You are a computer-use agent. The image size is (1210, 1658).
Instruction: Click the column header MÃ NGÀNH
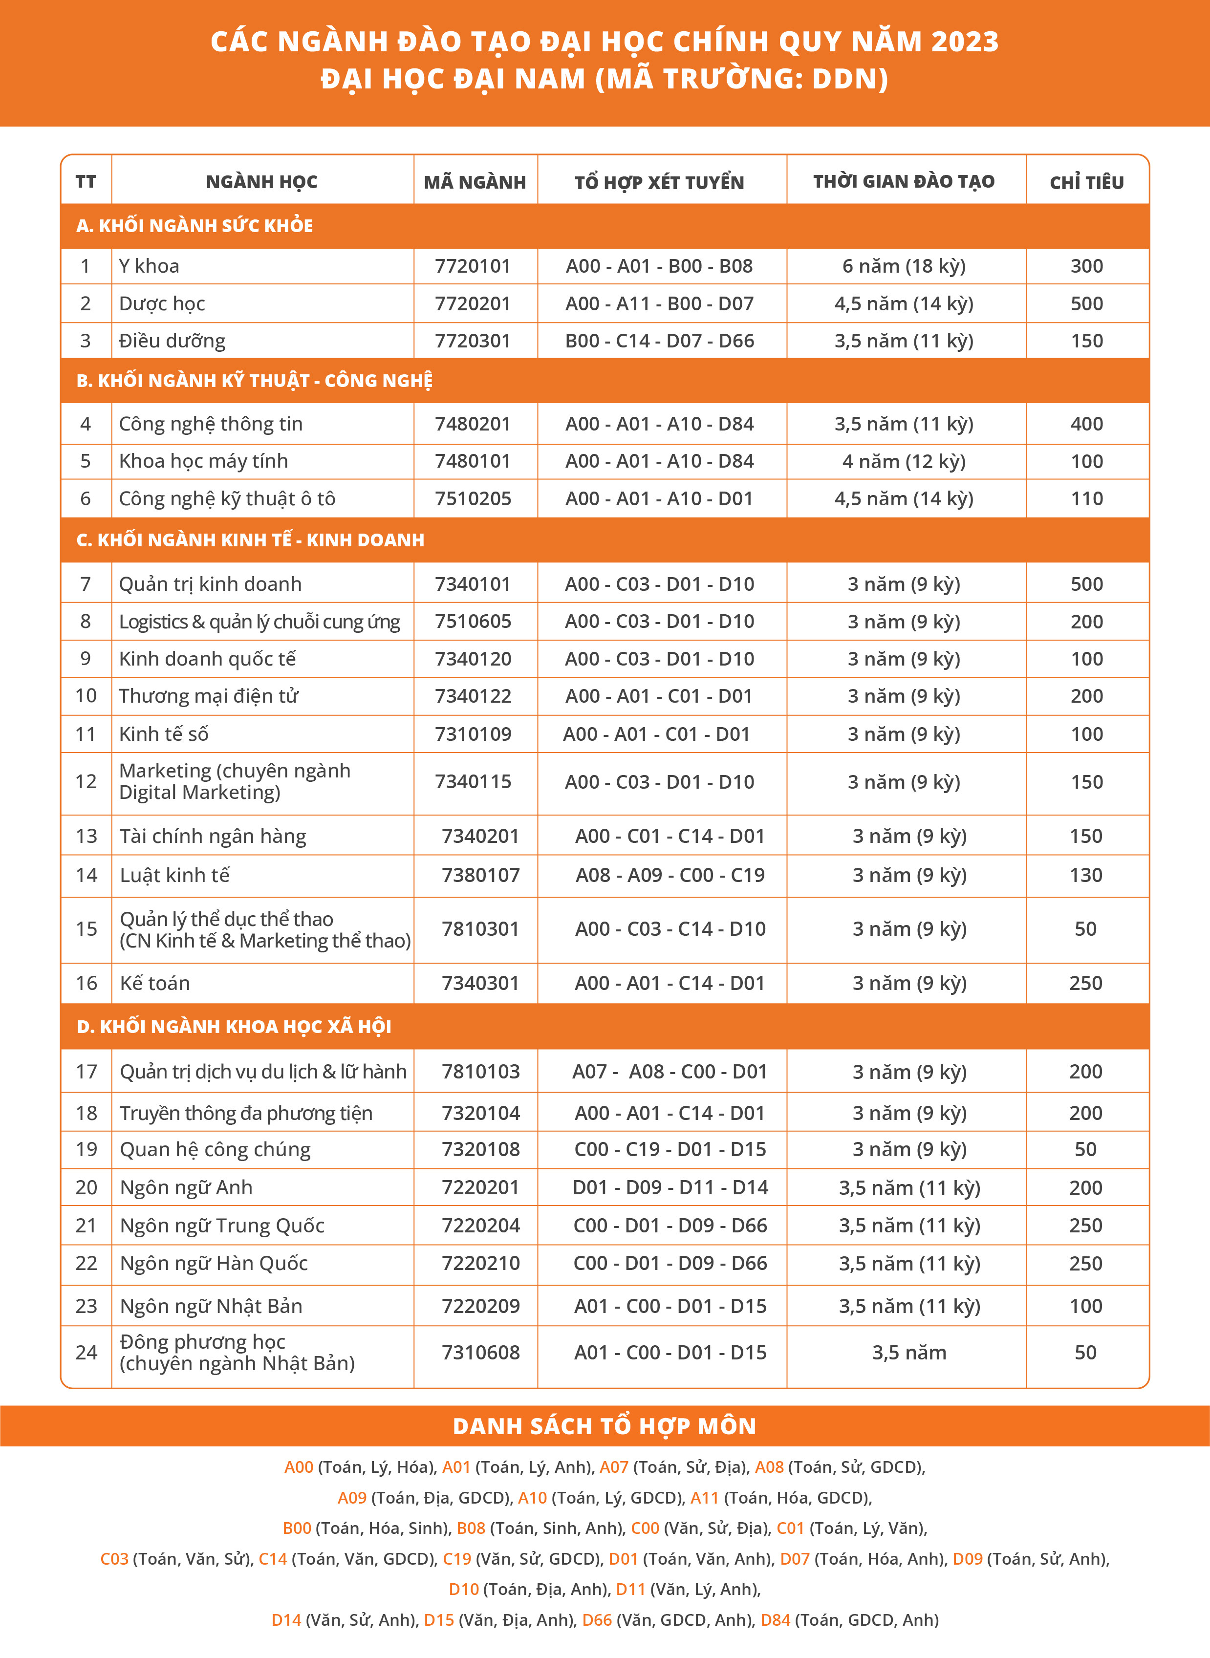pyautogui.click(x=475, y=182)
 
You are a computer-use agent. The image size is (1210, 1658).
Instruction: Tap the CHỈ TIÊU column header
pyautogui.click(x=1086, y=182)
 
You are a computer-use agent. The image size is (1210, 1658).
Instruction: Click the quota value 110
pyautogui.click(x=1086, y=499)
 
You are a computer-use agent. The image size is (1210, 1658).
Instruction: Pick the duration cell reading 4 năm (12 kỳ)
pyautogui.click(x=904, y=461)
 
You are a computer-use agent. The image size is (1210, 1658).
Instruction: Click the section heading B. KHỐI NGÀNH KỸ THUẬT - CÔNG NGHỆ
pyautogui.click(x=254, y=381)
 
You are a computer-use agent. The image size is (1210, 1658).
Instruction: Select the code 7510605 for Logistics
pyautogui.click(x=473, y=621)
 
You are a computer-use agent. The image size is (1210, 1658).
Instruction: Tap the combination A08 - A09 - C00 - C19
pyautogui.click(x=670, y=875)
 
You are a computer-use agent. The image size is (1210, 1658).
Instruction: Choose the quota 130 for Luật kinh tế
pyautogui.click(x=1085, y=875)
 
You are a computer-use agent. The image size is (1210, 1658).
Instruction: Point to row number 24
pyautogui.click(x=86, y=1352)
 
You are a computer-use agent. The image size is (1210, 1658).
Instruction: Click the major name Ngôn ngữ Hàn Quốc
pyautogui.click(x=214, y=1263)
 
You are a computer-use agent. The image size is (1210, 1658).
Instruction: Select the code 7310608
pyautogui.click(x=480, y=1352)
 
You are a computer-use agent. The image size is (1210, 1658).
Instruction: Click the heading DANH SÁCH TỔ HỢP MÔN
pyautogui.click(x=605, y=1426)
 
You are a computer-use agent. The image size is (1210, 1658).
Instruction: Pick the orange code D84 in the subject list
pyautogui.click(x=776, y=1619)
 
